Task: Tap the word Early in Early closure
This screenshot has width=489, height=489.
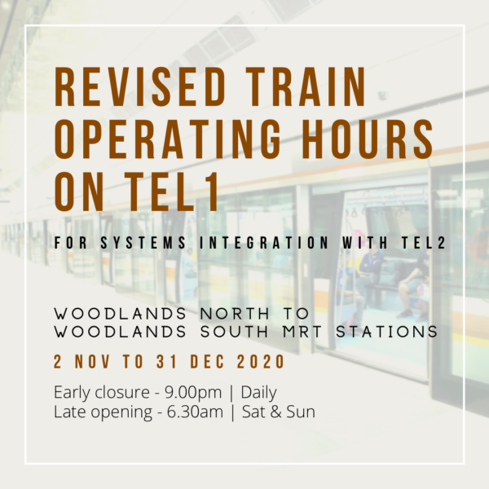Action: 72,392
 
